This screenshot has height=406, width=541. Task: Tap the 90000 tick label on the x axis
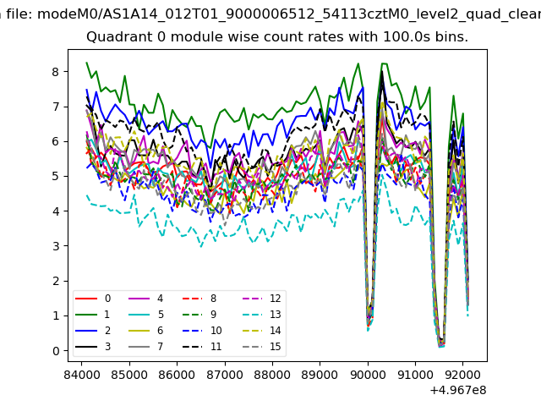click(368, 371)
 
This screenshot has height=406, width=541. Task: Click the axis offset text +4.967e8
click(457, 390)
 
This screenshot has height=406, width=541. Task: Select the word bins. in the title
click(451, 38)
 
